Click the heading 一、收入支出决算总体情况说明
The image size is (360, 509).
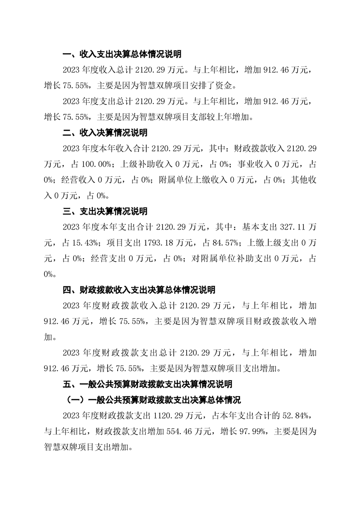coord(122,55)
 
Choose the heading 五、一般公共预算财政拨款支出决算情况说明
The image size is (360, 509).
coord(147,384)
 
